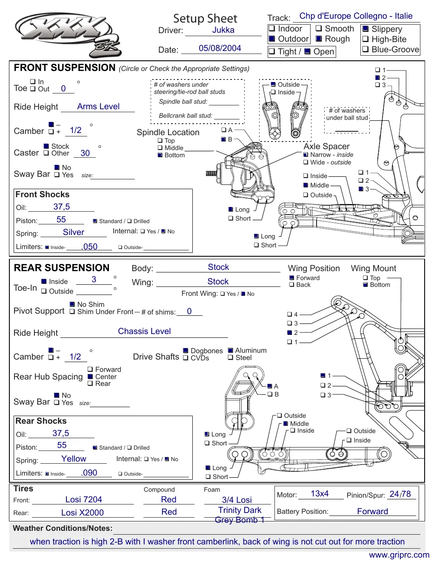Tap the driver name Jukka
coord(223,30)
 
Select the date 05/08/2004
coord(220,48)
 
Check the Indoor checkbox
coord(271,28)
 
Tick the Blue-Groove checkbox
coord(365,49)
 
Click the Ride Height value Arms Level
coord(98,106)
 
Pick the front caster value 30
coord(85,153)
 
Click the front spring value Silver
coord(74,232)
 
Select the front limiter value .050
coord(89,246)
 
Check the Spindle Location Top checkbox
coord(160,140)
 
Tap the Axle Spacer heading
coord(326,146)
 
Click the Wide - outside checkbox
coord(306,162)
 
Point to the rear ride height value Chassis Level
coord(144,331)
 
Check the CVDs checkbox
coord(186,358)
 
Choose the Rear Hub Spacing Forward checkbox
coord(90,369)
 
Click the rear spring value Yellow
coord(74,459)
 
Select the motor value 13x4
coord(320,493)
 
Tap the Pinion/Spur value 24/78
coord(400,494)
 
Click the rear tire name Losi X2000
coord(82,513)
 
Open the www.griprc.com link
coord(399,555)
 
